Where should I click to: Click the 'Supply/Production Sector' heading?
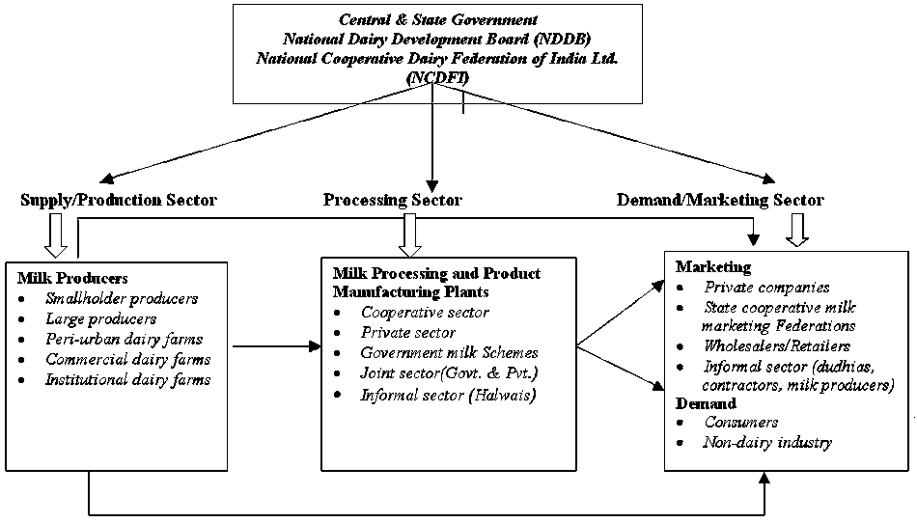[118, 201]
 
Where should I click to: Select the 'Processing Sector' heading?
[392, 201]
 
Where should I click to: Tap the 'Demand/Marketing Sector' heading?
[720, 201]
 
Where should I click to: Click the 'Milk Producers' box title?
[72, 279]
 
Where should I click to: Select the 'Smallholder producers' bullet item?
[122, 298]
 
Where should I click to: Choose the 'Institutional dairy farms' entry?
[127, 379]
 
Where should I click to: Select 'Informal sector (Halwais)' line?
[433, 396]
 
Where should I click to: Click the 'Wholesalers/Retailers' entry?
[777, 346]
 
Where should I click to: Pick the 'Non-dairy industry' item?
[767, 443]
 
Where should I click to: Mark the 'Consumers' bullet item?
[741, 423]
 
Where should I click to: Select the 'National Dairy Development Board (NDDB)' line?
[437, 40]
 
